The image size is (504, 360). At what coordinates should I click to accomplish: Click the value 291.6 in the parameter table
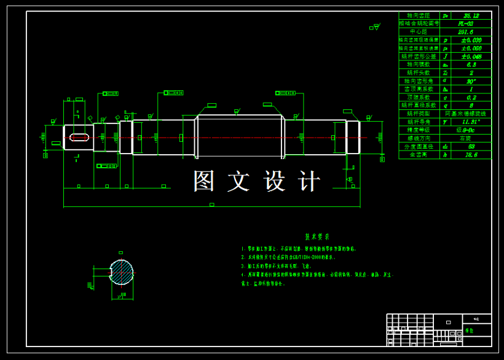point(465,31)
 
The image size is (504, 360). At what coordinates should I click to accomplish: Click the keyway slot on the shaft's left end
point(79,137)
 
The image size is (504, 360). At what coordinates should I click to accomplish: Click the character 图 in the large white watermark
point(205,181)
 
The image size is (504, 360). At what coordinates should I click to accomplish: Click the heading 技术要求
point(317,237)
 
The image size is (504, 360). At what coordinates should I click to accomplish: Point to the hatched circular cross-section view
point(121,272)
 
